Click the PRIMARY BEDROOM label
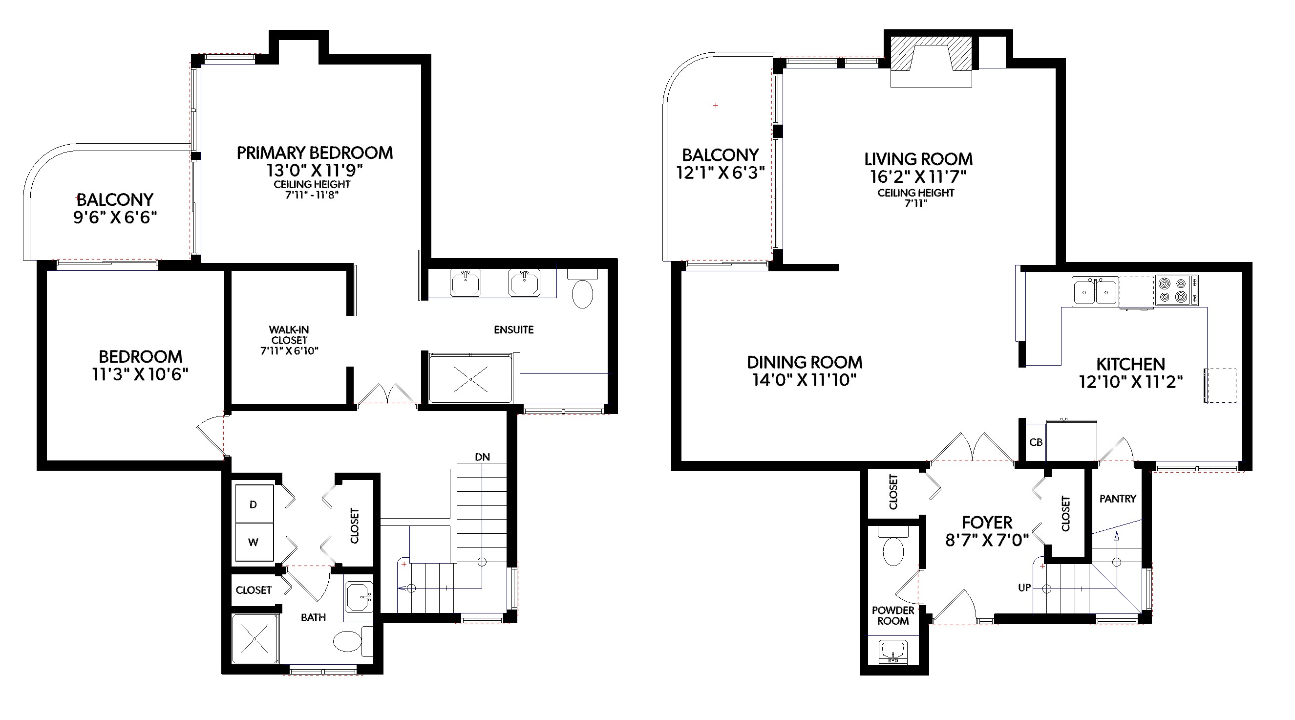tap(315, 153)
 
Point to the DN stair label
tap(482, 457)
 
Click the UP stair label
tap(1024, 588)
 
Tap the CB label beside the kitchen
tap(1036, 442)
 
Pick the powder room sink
tap(893, 651)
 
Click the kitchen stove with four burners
tap(1176, 290)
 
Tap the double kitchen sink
tap(1095, 291)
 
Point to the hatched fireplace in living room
tap(931, 61)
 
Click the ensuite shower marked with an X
tap(470, 378)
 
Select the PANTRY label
tap(1118, 499)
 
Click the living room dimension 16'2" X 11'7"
tap(918, 176)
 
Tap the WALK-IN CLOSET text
tap(289, 335)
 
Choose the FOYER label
tap(987, 522)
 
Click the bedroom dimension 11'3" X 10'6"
tap(140, 374)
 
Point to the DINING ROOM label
tap(805, 362)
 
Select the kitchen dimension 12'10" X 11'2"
tap(1130, 382)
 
